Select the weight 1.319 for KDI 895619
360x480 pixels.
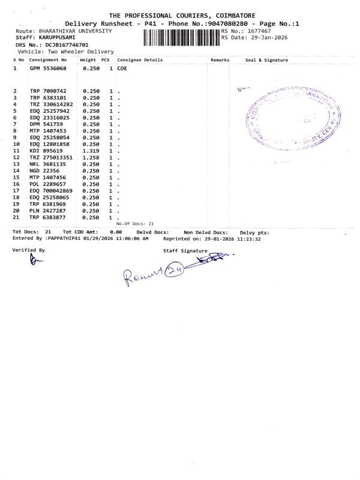coord(91,151)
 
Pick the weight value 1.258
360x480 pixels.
coord(91,157)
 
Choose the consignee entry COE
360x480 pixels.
coord(122,69)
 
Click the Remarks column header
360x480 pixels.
coord(220,60)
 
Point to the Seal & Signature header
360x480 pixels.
coord(266,60)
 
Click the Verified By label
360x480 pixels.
coord(29,250)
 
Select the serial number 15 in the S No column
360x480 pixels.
coord(17,177)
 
